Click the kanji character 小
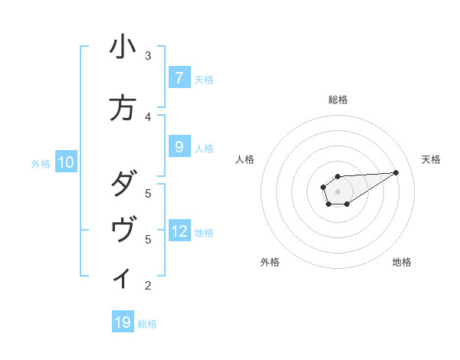coord(123,47)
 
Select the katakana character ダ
coord(123,185)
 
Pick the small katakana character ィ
coord(123,278)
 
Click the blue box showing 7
coord(179,78)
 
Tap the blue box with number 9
coord(179,147)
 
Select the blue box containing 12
coord(179,231)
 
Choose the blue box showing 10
coord(66,162)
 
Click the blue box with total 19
coord(123,322)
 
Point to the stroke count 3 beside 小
coord(148,56)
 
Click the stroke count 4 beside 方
coord(148,117)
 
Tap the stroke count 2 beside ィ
coord(148,286)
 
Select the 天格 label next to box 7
coord(204,79)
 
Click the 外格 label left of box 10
coord(40,163)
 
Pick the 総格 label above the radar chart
coord(337,100)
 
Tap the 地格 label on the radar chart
coord(402,262)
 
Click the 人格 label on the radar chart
coord(245,159)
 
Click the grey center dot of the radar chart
coord(337,191)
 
